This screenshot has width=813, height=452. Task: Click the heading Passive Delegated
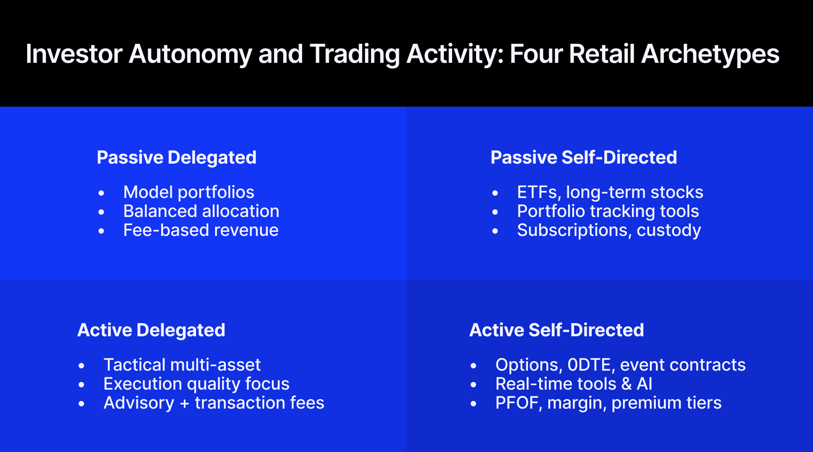click(177, 158)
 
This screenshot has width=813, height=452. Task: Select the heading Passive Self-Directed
click(584, 158)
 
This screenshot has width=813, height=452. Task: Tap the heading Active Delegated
click(151, 330)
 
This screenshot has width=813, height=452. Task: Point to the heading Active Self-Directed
click(556, 330)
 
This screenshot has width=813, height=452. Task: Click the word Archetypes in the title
click(710, 55)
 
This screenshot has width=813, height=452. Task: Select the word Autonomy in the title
click(190, 55)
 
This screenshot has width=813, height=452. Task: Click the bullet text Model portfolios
click(189, 193)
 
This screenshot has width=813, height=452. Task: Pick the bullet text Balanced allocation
click(201, 212)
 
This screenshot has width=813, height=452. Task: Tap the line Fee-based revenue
click(201, 231)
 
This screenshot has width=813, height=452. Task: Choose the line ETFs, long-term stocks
click(610, 193)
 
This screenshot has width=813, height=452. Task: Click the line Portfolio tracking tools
click(608, 212)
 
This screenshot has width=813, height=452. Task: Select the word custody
click(668, 231)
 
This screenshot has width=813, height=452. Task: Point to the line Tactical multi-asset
click(182, 365)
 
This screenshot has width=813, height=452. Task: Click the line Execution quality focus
click(196, 384)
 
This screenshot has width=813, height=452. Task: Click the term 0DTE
click(591, 365)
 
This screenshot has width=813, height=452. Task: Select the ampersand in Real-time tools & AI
click(626, 384)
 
